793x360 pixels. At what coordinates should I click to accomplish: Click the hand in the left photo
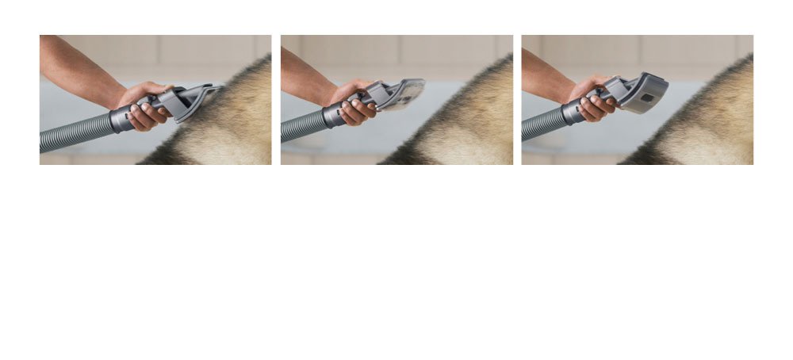(x=142, y=106)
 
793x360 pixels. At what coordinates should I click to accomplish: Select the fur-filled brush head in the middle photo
(x=404, y=93)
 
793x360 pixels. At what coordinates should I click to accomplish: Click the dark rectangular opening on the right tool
(x=647, y=97)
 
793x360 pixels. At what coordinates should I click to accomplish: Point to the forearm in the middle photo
(x=305, y=75)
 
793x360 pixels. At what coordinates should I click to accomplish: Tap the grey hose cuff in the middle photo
(x=332, y=116)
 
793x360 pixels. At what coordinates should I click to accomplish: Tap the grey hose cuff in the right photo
(x=572, y=112)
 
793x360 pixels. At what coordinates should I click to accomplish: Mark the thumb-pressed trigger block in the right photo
(x=612, y=88)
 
